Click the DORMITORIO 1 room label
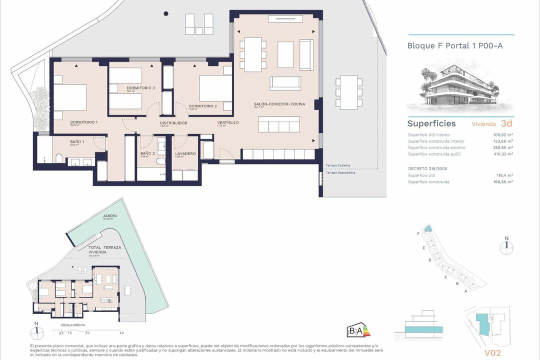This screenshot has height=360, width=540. pos(69,122)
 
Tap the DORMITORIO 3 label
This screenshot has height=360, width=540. pos(140,88)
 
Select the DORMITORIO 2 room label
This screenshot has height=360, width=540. pos(202,106)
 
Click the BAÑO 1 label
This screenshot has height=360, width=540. pos(77,142)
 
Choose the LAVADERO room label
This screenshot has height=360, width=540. pos(185,153)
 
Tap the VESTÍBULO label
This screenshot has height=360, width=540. pos(227,122)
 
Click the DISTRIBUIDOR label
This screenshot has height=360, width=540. pos(173,123)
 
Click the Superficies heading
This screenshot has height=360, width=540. pos(431,123)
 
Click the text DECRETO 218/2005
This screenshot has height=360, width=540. pos(427,169)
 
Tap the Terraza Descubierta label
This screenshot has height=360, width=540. pos(340,173)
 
